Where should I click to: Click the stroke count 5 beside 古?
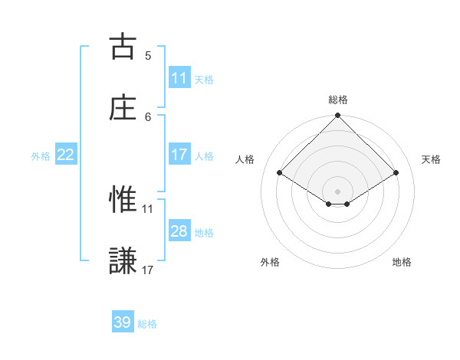(148, 55)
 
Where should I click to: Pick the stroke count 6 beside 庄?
(148, 116)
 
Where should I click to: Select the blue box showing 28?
(179, 231)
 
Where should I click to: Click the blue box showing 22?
(66, 155)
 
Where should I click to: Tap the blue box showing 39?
(122, 322)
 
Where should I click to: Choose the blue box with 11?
(179, 78)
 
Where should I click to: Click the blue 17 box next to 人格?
(179, 155)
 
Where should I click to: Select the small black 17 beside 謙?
(148, 270)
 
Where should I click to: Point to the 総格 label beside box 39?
(147, 324)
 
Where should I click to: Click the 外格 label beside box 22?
(41, 156)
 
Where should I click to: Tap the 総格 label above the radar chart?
(337, 100)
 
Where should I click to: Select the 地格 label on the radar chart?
(402, 263)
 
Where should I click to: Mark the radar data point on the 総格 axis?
(337, 116)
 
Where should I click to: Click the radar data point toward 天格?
(396, 173)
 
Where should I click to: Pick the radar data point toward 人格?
(280, 173)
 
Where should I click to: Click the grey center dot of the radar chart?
(337, 191)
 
